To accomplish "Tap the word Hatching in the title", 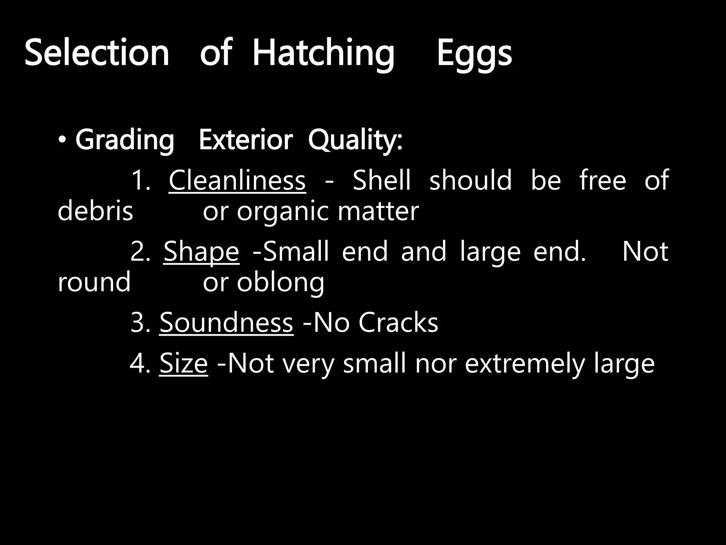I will coord(323,53).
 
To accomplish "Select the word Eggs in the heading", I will coord(474,53).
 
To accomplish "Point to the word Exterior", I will coord(246,140).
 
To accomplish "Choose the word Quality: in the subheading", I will coord(355,141).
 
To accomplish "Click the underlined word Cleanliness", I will coord(237,180).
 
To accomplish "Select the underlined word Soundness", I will coord(226,323).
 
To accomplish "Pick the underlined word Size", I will coord(183,363).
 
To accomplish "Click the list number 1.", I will coord(140,180).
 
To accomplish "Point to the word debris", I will coord(95,211).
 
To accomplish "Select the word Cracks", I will coord(398,323).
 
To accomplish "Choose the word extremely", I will coord(525,364).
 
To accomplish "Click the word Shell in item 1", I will coord(381,180).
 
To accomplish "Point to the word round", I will coord(94,282).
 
